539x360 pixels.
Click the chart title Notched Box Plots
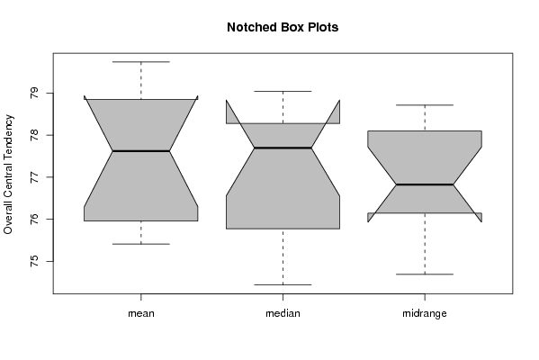[x=283, y=27]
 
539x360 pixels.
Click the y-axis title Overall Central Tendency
[x=8, y=175]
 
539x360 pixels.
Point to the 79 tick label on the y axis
[x=34, y=94]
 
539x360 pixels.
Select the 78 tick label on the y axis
[x=34, y=135]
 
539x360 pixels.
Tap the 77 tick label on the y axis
[x=34, y=177]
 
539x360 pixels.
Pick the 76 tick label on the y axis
[x=34, y=219]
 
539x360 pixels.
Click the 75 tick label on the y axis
[x=34, y=261]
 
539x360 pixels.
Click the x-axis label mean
[x=141, y=313]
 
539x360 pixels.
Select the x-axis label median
[x=283, y=313]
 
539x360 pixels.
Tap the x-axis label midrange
[x=425, y=313]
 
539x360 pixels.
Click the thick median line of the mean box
[x=141, y=151]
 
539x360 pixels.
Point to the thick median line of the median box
[x=283, y=148]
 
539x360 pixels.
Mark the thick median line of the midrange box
[x=425, y=184]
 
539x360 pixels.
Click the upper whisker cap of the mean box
[x=141, y=62]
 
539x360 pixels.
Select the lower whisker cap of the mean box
[x=141, y=244]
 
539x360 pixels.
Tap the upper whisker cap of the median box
[x=283, y=92]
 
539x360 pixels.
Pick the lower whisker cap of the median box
[x=283, y=284]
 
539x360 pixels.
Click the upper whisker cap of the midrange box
[x=425, y=105]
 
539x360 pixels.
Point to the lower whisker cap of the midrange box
[x=425, y=274]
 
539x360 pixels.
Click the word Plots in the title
[x=323, y=27]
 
